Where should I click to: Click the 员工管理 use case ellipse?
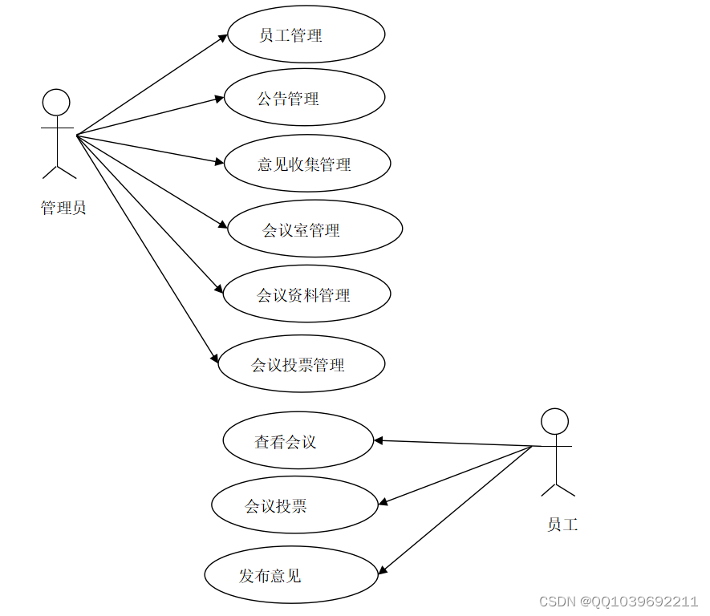pos(306,34)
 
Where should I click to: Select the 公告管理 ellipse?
pos(304,98)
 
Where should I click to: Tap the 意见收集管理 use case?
pos(306,164)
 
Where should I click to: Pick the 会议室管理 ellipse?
pos(314,229)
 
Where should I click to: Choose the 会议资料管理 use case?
pos(306,294)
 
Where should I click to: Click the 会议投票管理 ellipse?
pos(302,364)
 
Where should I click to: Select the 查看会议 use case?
pos(298,440)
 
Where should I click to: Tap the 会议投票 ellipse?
pos(294,505)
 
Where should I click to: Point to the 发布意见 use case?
pos(290,574)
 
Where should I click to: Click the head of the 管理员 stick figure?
pos(56,102)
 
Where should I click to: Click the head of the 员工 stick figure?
pos(554,422)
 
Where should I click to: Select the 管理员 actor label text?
pos(63,209)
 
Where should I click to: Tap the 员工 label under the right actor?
pos(562,525)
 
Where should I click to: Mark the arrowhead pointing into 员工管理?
pos(223,37)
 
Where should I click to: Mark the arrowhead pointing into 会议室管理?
pos(223,228)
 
